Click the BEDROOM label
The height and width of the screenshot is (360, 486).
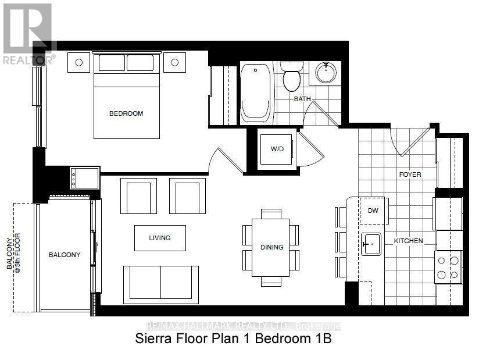pos(126,113)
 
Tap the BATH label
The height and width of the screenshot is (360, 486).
pos(302,99)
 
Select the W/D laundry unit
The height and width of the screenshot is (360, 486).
pos(276,149)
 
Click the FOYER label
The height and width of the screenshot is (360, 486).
pos(410,174)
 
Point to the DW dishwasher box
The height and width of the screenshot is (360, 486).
pos(373,211)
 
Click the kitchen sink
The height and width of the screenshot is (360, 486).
pos(371,244)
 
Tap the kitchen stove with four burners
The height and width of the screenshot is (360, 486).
pos(448,267)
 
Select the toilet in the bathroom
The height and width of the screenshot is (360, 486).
pos(292,76)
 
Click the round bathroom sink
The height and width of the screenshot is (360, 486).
pos(326,73)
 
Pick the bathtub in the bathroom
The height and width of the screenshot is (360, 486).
pos(255,92)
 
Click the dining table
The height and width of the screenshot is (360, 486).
pos(270,248)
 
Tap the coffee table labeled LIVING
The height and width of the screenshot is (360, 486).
pos(160,238)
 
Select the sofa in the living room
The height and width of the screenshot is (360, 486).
pos(161,285)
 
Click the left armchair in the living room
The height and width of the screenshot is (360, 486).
pos(138,196)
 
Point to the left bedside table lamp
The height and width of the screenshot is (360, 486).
pos(78,62)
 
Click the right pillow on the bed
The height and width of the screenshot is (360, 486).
pos(140,63)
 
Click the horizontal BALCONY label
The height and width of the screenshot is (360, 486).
pos(65,255)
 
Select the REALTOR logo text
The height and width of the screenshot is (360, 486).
pos(27,60)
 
